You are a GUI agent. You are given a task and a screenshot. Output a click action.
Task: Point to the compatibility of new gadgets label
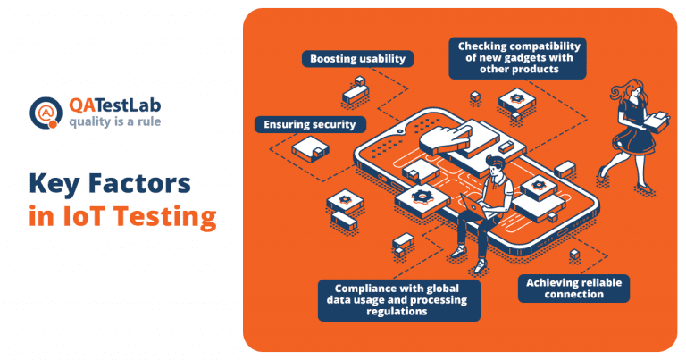(518, 58)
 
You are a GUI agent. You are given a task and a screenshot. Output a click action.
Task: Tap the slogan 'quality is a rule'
(116, 121)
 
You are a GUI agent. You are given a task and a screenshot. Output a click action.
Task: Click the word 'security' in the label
(334, 124)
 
